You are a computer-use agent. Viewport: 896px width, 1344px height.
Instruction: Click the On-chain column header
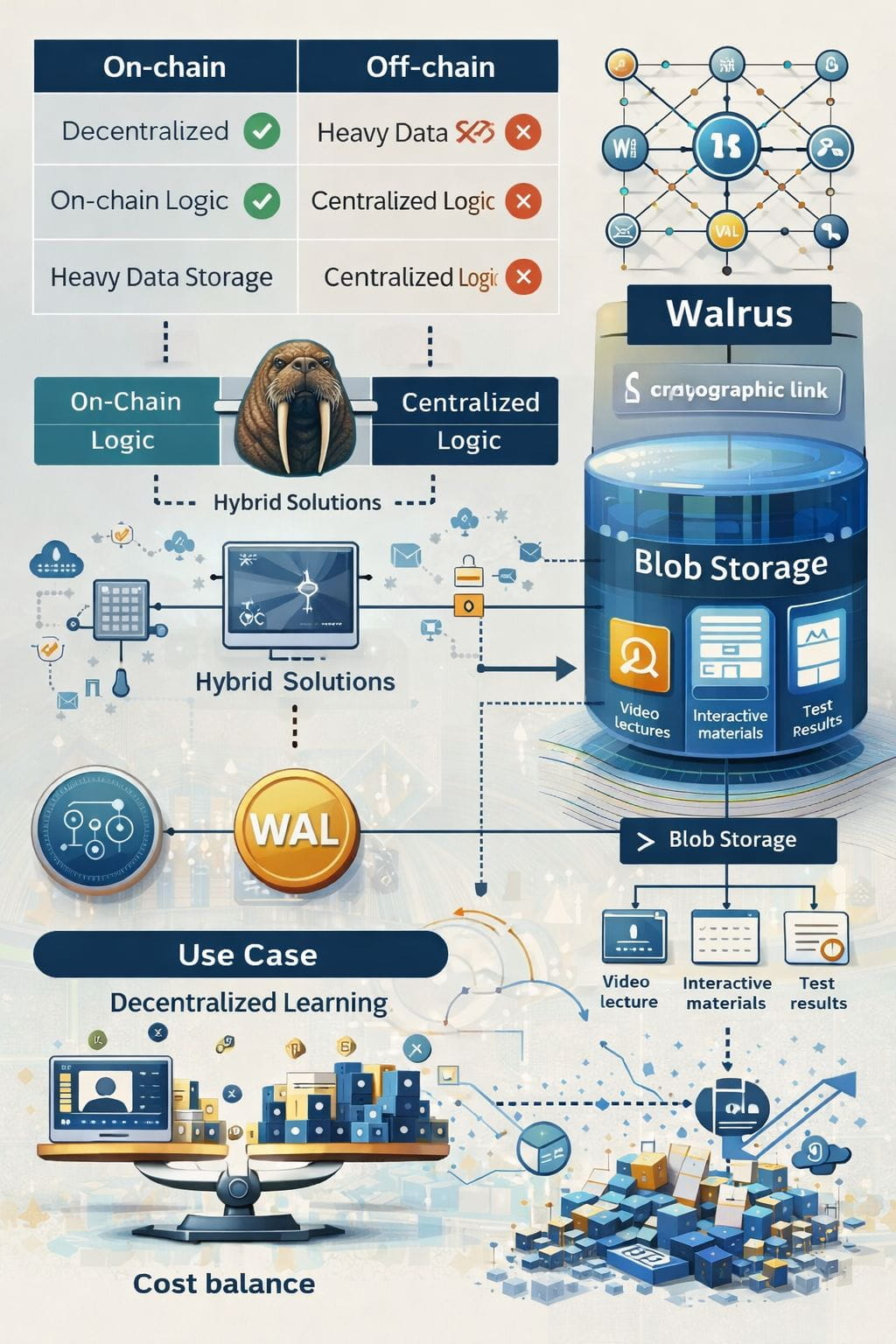tap(164, 66)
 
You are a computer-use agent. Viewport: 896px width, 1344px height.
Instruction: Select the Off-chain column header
tap(429, 66)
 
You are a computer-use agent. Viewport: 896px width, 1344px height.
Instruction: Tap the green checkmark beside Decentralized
tap(262, 131)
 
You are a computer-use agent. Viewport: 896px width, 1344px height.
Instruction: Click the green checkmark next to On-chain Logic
tap(262, 200)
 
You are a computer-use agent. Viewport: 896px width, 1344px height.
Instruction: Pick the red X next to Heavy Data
tap(523, 132)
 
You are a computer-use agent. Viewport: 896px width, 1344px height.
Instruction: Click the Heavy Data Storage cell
tap(162, 277)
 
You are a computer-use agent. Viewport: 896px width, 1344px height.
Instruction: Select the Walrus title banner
tap(728, 313)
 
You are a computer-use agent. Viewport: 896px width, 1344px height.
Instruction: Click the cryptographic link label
tap(728, 389)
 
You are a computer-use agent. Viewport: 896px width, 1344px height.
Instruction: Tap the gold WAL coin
tap(296, 829)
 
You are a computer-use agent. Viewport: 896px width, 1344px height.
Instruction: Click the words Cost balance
tap(224, 1284)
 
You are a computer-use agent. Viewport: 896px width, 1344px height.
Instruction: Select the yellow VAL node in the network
tap(726, 231)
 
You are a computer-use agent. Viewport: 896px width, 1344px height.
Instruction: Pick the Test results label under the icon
tap(818, 993)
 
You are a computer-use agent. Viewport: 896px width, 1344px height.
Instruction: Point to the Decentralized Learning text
tap(248, 1003)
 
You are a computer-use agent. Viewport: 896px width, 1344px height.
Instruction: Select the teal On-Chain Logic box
tap(126, 421)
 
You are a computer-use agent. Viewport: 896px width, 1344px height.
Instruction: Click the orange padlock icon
tap(469, 573)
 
